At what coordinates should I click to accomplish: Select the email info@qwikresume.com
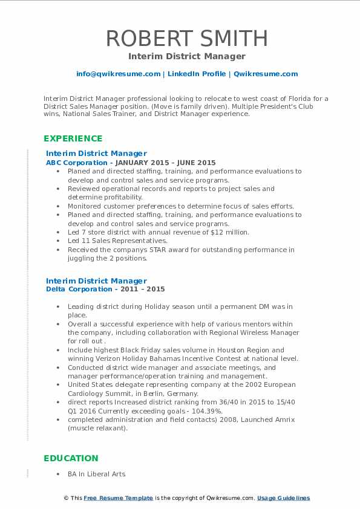118,74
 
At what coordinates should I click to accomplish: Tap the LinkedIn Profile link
197,74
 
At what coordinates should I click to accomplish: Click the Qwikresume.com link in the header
266,74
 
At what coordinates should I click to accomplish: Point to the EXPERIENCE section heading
73,138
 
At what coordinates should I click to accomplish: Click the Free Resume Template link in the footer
119,498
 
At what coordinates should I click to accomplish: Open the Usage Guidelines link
283,498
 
